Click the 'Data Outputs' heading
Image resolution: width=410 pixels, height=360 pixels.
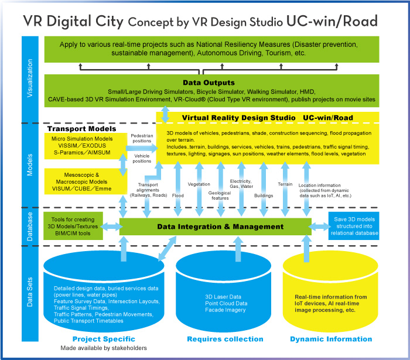coord(209,83)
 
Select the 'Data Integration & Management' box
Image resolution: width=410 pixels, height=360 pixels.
coord(215,227)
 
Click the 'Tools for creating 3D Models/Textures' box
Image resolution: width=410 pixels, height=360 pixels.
coord(73,226)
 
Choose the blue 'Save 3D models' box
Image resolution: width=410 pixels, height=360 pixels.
coord(354,226)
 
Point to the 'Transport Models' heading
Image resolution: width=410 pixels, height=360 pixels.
coord(81,129)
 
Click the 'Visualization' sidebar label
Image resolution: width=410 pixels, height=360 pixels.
coord(30,78)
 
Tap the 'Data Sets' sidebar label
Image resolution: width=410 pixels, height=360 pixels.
coord(30,292)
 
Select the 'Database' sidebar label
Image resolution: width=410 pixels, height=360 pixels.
coord(30,227)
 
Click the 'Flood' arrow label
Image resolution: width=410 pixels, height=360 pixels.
coord(178,196)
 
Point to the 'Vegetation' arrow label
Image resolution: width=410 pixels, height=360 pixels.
coord(199,184)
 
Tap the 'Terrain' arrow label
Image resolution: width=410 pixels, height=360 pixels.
coord(285,184)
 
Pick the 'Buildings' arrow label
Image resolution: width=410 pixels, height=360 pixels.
coord(264,196)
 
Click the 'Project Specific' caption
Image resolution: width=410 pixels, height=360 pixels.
coord(104,339)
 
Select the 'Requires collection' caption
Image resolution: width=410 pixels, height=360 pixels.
coord(225,339)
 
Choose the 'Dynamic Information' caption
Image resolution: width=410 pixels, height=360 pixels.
coord(331,339)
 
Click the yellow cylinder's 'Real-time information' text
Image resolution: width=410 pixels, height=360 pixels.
coord(331,297)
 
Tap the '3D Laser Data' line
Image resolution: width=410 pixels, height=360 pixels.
coord(223,297)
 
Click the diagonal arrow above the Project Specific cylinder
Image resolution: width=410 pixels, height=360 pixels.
coord(168,248)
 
